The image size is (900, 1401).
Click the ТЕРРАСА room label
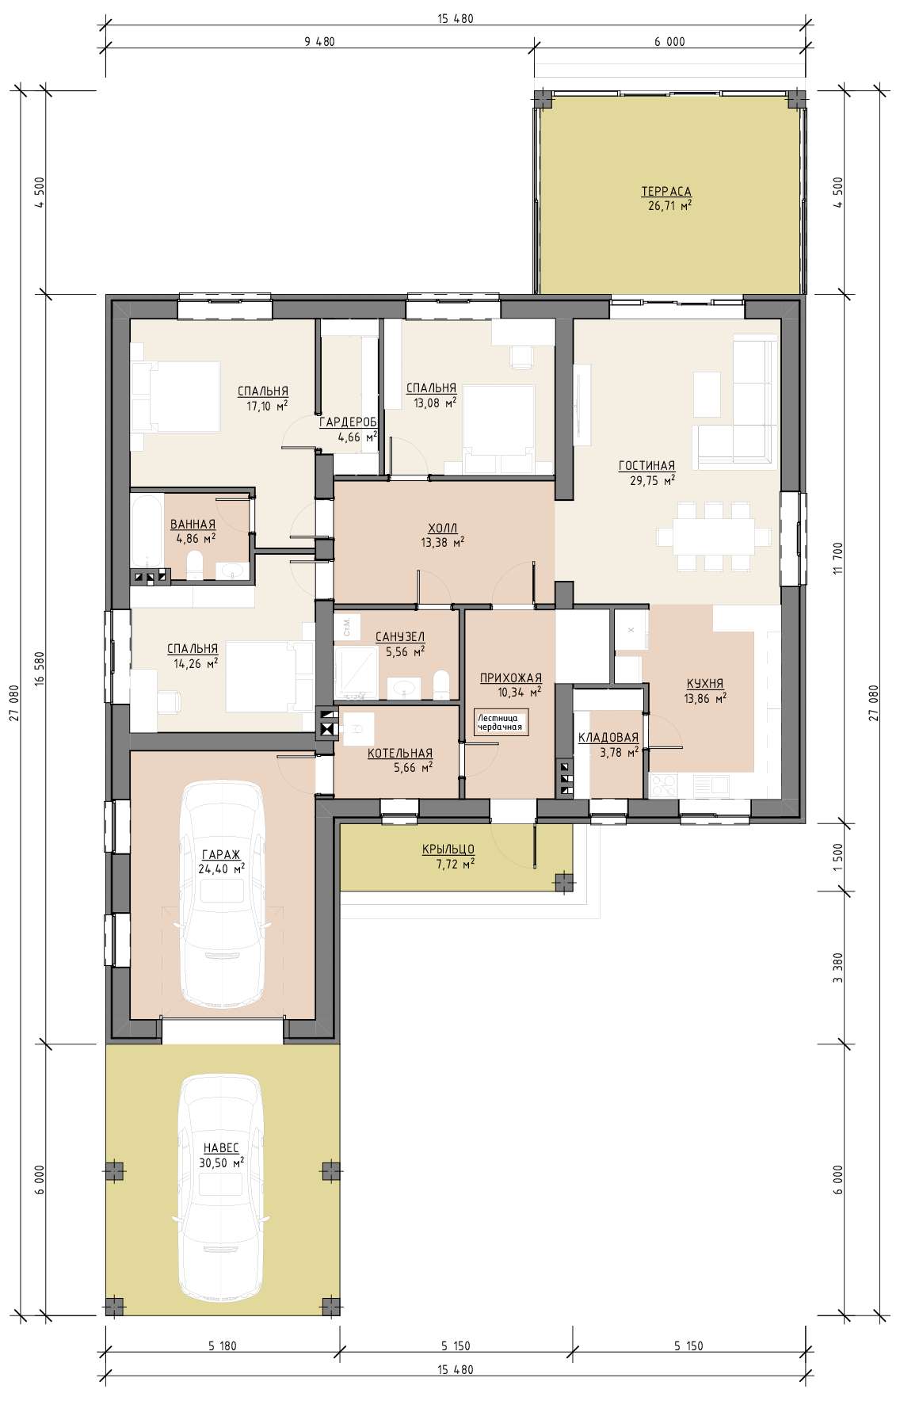[x=666, y=191]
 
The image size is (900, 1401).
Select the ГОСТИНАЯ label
[x=647, y=466]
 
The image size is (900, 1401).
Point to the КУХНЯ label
[x=705, y=684]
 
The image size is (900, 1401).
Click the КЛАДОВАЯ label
[x=608, y=738]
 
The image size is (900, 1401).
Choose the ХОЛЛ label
[x=443, y=528]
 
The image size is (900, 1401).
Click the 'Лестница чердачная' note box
[x=501, y=722]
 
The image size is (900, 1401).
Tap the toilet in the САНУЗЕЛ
[x=442, y=684]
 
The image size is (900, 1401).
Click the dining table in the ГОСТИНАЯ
[x=713, y=536]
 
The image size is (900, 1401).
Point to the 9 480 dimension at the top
[x=319, y=42]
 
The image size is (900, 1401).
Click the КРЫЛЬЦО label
[x=448, y=849]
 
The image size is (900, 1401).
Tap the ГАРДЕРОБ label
[x=348, y=422]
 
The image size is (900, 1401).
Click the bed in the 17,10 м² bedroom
[x=176, y=396]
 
